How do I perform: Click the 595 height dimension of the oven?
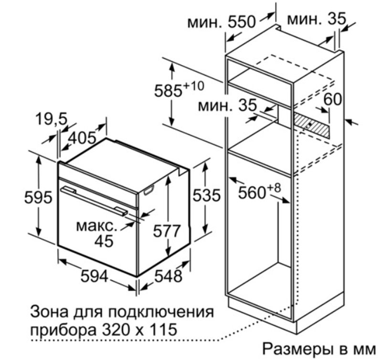[38, 197]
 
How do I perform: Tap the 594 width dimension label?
[94, 276]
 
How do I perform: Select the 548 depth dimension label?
[169, 276]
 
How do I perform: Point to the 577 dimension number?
[167, 231]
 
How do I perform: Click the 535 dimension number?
[207, 195]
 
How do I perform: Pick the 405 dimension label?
[82, 138]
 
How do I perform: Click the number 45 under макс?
[104, 241]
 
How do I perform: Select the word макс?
[97, 226]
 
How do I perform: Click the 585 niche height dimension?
[169, 91]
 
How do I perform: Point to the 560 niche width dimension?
[252, 193]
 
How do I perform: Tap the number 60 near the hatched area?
[332, 99]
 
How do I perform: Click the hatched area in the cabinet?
[311, 125]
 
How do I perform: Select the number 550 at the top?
[242, 21]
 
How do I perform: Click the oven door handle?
[94, 201]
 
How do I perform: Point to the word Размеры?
[297, 349]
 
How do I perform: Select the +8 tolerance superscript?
[274, 188]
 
